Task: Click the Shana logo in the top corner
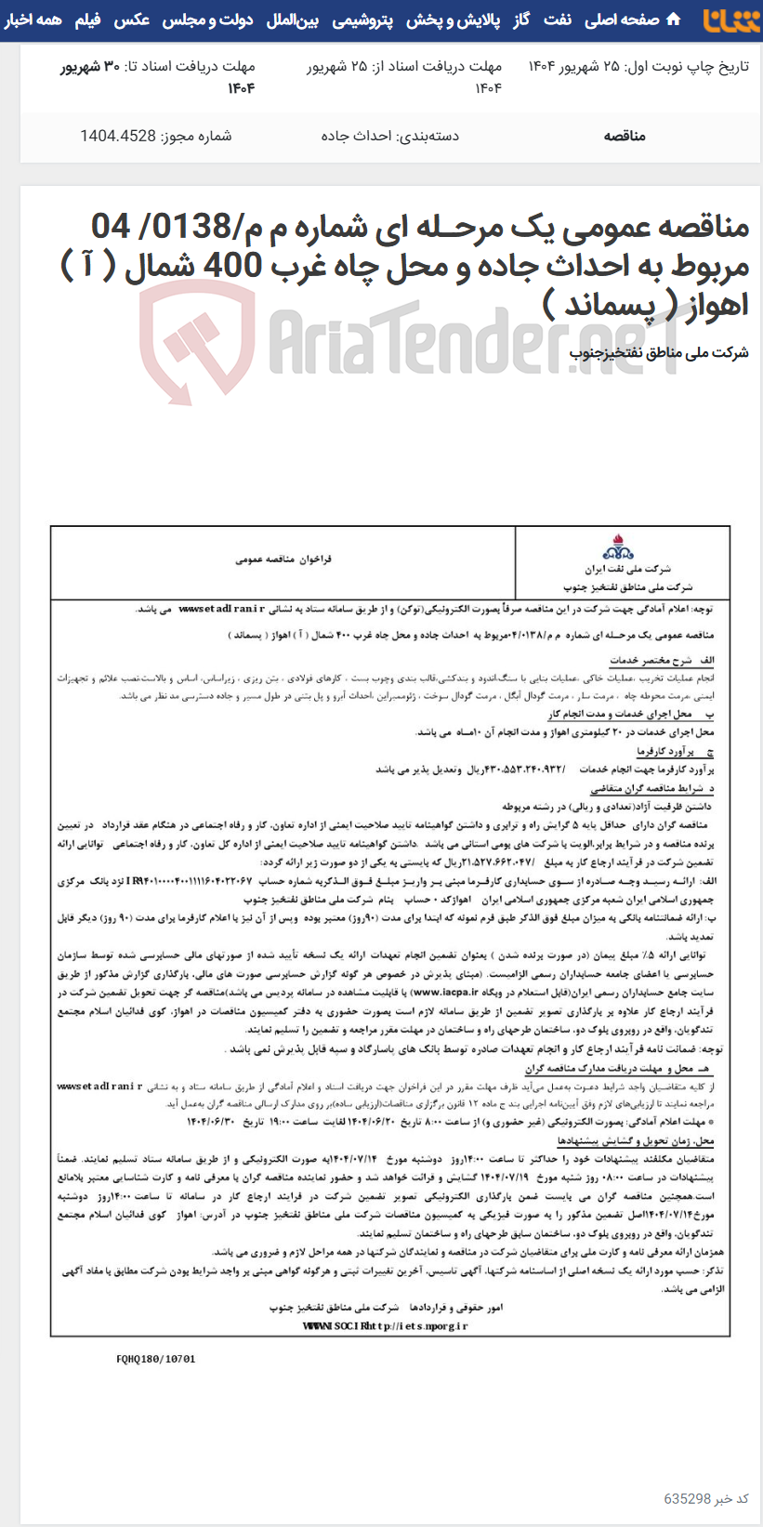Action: (730, 20)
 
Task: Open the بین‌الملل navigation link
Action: (293, 20)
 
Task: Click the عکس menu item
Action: (131, 20)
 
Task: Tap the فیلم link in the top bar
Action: (87, 20)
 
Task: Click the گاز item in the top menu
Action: (522, 20)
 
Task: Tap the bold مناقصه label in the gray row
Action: (624, 136)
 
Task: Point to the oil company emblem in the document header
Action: (618, 546)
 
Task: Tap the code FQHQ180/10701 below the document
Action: (156, 1358)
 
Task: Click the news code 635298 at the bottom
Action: (687, 1498)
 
